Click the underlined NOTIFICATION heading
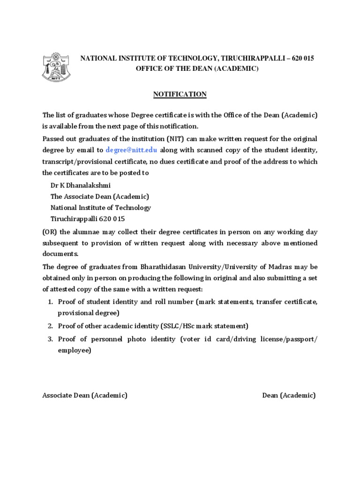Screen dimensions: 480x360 pyautogui.click(x=180, y=94)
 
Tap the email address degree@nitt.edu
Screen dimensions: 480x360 pyautogui.click(x=132, y=150)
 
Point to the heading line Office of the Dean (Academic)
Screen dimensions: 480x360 pyautogui.click(x=197, y=68)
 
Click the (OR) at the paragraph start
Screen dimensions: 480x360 pyautogui.click(x=50, y=231)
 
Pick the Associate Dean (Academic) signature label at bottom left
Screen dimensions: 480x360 pyautogui.click(x=85, y=395)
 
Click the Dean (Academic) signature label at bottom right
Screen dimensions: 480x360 pyautogui.click(x=289, y=395)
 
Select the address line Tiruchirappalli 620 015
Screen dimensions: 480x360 pyautogui.click(x=88, y=219)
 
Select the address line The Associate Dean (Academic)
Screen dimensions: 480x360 pyautogui.click(x=99, y=196)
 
